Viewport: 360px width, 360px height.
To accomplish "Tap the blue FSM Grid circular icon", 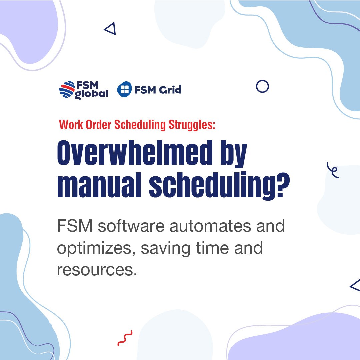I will pyautogui.click(x=124, y=90).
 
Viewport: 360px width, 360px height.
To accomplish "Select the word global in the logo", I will pyautogui.click(x=91, y=94).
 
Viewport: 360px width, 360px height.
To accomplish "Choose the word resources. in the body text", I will pyautogui.click(x=97, y=269).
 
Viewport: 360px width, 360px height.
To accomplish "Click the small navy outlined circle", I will pyautogui.click(x=262, y=87).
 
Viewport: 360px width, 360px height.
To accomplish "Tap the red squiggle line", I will pyautogui.click(x=125, y=338).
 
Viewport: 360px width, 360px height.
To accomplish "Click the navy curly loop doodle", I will pyautogui.click(x=333, y=170).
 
